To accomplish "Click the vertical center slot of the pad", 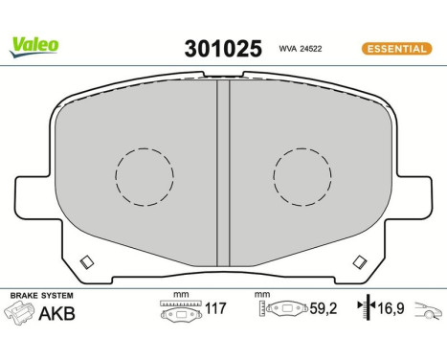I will tap(223, 172).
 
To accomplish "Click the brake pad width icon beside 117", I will tap(179, 309).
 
